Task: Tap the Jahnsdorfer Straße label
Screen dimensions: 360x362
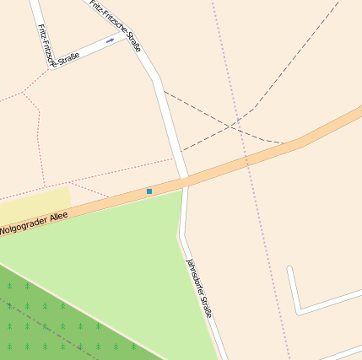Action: [199, 287]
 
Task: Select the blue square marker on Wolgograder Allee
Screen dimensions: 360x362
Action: [149, 191]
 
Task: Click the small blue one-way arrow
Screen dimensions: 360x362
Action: [111, 40]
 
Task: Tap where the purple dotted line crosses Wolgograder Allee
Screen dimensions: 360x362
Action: [246, 159]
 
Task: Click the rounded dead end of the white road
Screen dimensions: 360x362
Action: [290, 270]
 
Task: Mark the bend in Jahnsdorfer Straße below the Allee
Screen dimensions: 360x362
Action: [181, 235]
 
